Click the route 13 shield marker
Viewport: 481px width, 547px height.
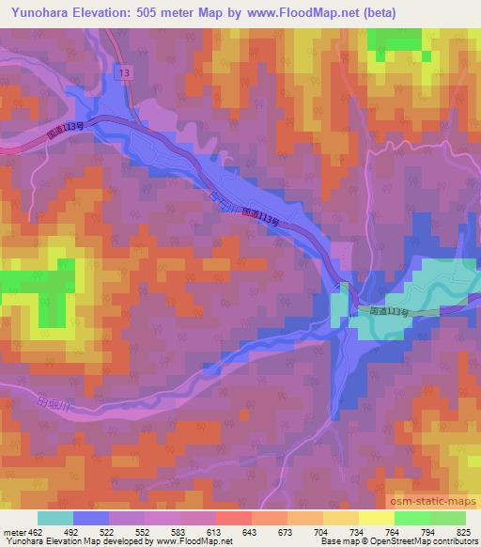point(122,71)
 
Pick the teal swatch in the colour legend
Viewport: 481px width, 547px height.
point(55,518)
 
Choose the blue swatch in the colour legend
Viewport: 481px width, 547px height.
point(91,518)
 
